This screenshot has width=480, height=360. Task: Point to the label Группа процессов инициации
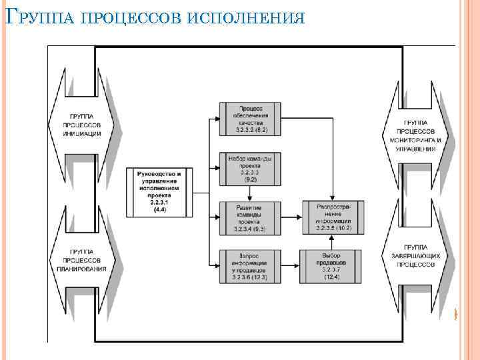82,124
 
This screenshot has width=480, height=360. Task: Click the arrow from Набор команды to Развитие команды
249,193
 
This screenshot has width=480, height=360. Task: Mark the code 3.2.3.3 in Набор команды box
249,173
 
